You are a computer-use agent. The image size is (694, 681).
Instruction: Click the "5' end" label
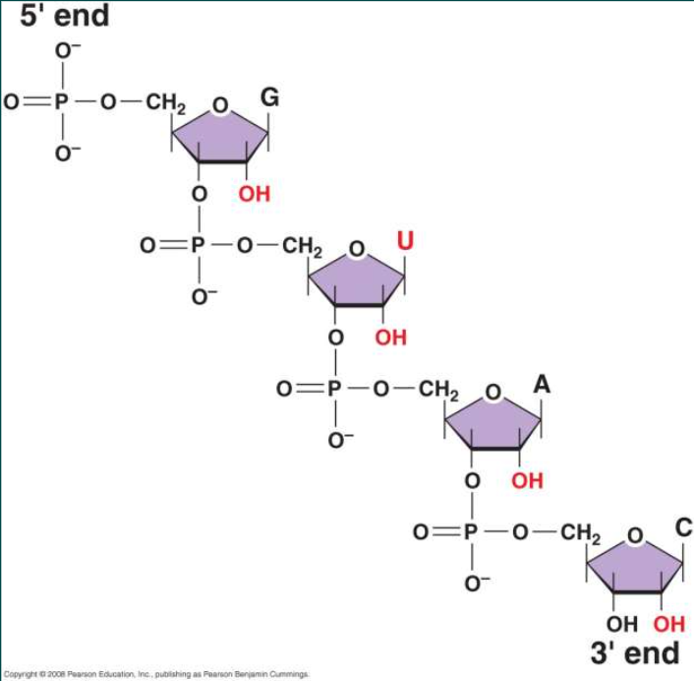point(64,16)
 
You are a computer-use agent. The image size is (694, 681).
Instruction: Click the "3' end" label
point(634,652)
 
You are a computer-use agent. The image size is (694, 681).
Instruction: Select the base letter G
point(269,97)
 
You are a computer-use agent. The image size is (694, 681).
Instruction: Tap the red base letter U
point(404,239)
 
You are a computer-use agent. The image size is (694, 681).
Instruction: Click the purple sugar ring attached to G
point(219,134)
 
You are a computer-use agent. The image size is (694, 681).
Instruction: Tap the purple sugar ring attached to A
point(492,421)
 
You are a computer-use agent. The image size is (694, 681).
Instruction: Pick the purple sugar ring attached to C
point(634,564)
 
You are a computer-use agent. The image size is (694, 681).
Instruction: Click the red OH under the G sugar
point(254,194)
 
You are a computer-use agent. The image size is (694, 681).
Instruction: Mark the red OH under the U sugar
point(390,338)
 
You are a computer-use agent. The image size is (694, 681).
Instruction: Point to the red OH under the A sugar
point(527,481)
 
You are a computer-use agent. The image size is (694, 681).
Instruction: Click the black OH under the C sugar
point(622,624)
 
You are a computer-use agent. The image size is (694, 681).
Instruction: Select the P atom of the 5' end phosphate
point(62,101)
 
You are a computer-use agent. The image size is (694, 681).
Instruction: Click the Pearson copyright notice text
point(156,674)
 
